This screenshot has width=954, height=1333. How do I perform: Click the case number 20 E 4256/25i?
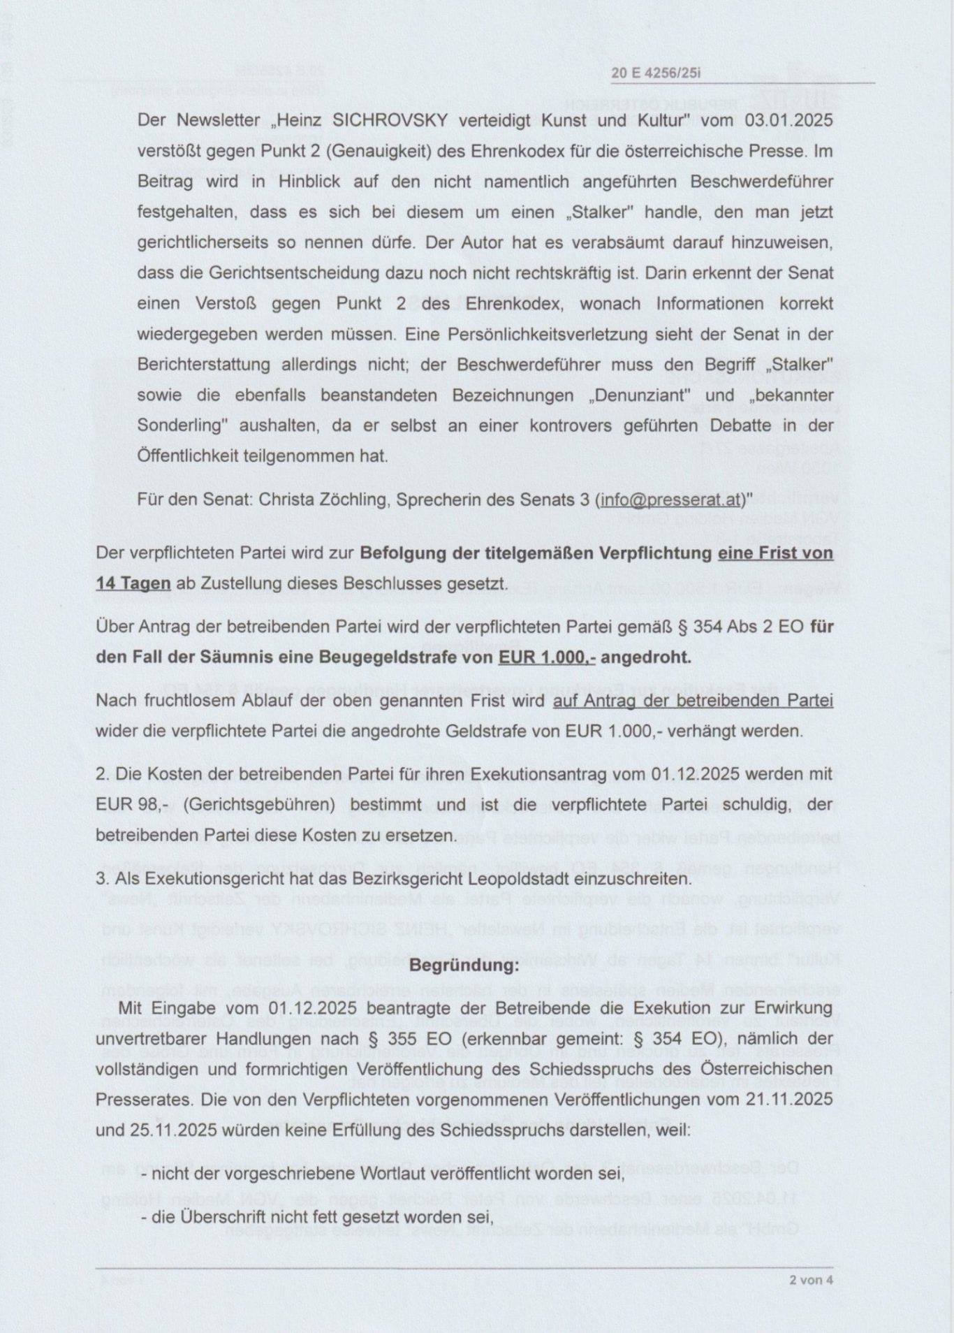coord(655,73)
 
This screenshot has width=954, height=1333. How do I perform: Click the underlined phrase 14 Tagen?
coord(133,583)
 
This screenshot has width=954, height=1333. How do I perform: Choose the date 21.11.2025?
coord(781,1099)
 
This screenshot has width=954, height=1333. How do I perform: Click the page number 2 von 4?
coord(811,1281)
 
